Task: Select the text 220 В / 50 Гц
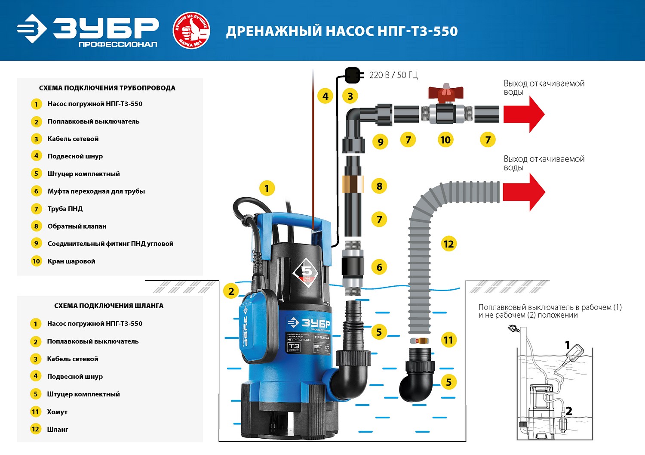393,75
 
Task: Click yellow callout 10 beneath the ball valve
445,140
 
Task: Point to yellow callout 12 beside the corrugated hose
448,244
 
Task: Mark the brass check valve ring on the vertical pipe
353,183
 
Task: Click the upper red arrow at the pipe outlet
524,114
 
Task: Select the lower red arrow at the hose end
524,192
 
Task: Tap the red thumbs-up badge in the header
191,31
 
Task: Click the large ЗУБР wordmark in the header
106,28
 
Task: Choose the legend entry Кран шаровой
71,261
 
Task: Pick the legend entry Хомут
57,412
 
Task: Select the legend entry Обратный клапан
77,226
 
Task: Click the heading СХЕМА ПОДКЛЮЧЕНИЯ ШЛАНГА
109,306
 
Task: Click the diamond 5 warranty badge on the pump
306,272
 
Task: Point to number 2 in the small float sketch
568,411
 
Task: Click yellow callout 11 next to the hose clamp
448,340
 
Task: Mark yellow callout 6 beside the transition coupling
379,267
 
